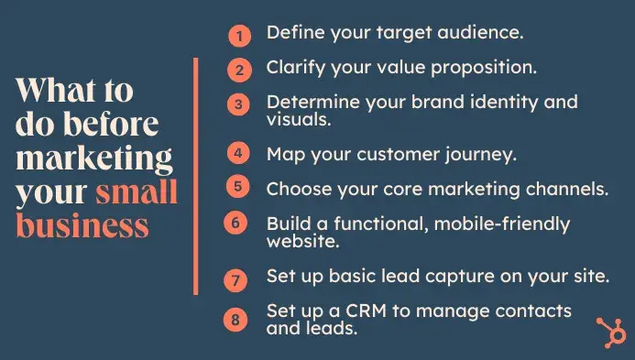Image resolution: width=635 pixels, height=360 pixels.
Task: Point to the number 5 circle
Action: click(238, 187)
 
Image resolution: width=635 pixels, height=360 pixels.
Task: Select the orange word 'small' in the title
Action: click(137, 192)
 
